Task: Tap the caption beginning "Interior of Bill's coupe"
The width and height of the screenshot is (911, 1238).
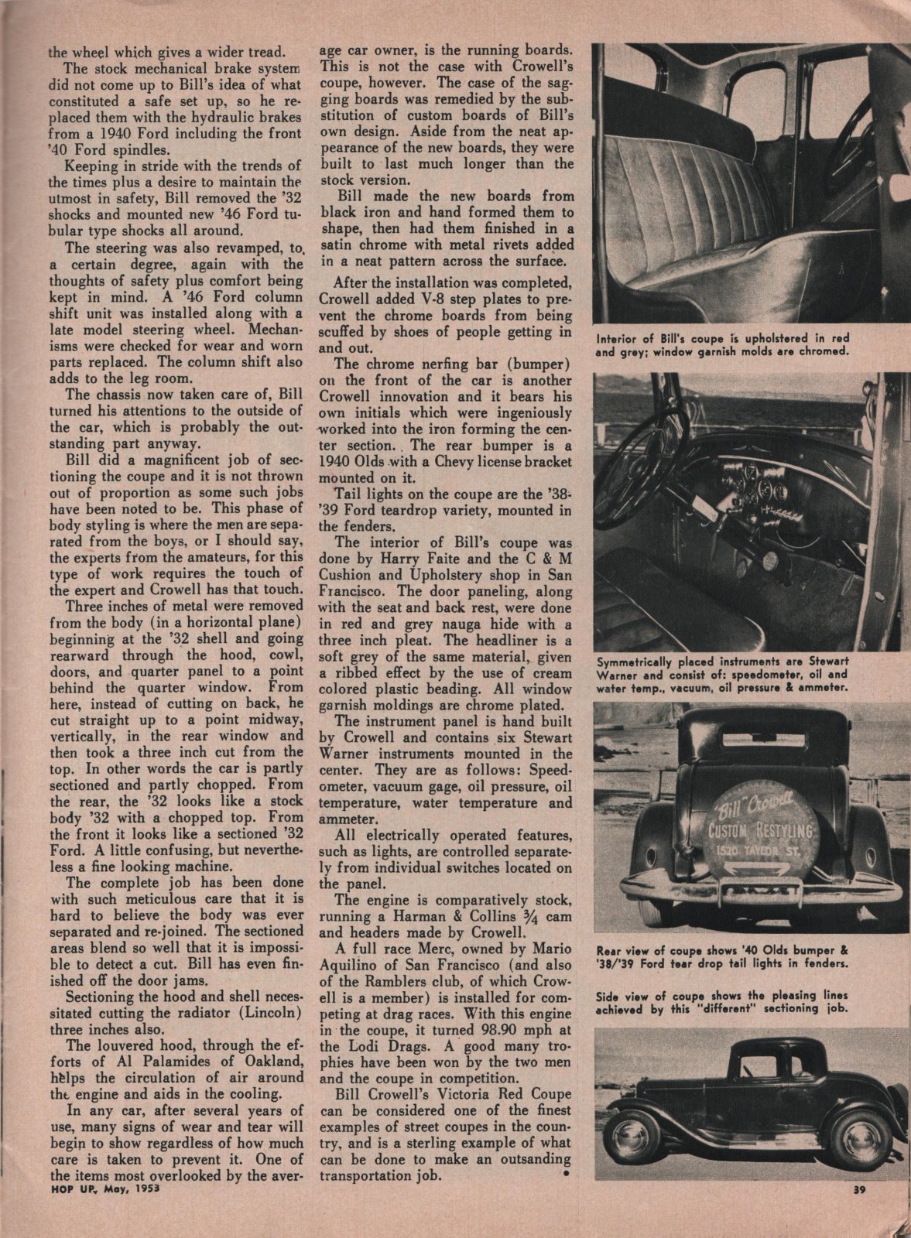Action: tap(724, 344)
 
